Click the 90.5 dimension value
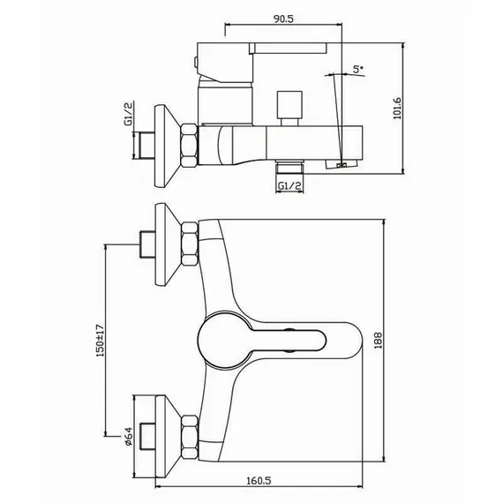click(x=283, y=19)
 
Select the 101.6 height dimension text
click(x=397, y=109)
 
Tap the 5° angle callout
click(x=357, y=69)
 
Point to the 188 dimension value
click(x=379, y=341)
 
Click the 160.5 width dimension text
click(x=259, y=481)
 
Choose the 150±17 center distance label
click(x=100, y=341)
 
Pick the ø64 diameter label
click(x=128, y=436)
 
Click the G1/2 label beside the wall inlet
click(x=128, y=115)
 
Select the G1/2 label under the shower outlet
click(x=289, y=185)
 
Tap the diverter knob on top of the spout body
click(x=289, y=109)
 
